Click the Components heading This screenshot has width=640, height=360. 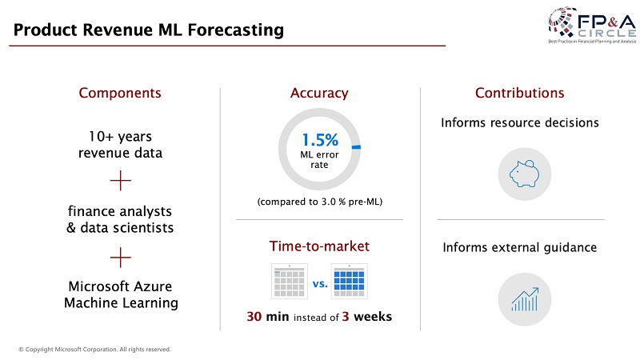120,93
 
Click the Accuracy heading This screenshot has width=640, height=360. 319,93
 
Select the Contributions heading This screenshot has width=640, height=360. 519,93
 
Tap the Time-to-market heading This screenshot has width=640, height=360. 319,246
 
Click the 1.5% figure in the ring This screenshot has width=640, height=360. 320,140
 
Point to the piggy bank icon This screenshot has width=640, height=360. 525,174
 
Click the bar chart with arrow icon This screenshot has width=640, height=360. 525,299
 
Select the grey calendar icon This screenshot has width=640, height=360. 290,282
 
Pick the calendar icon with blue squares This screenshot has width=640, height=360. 349,282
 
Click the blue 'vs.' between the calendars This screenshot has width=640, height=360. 320,284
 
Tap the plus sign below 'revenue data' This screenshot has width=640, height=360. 121,181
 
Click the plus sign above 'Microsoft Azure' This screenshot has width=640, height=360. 121,258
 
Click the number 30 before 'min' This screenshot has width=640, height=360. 254,316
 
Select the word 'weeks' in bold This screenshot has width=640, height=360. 373,316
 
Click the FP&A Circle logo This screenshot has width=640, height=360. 592,25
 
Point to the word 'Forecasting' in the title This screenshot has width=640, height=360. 235,30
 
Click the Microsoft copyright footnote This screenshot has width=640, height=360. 94,350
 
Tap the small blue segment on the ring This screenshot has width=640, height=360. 356,147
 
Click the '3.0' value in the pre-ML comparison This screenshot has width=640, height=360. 328,202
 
